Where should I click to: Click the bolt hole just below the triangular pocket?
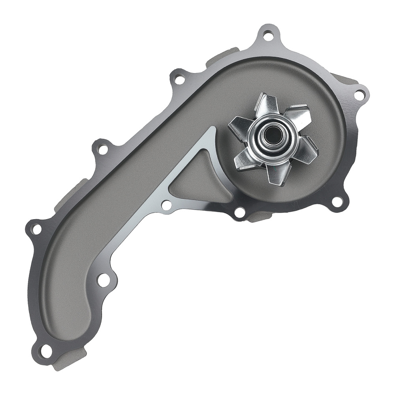click(167, 205)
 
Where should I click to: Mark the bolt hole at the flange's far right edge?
click(359, 95)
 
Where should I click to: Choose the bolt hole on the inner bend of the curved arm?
click(103, 280)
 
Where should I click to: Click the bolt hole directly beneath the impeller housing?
click(239, 213)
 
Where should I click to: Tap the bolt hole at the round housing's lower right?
click(337, 202)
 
